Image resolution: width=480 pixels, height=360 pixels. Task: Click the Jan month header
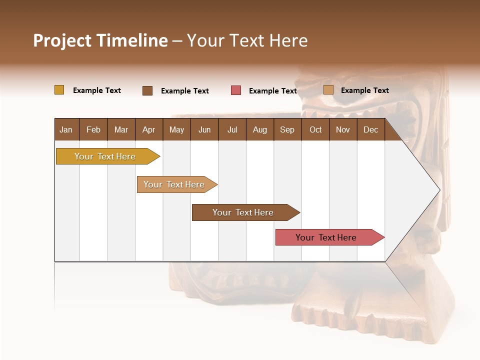[66, 129]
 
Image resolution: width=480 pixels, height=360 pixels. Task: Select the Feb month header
[93, 129]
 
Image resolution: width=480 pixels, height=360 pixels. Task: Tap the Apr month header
[148, 129]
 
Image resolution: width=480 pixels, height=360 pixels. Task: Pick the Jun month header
[204, 129]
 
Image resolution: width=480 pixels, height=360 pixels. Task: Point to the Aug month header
[259, 129]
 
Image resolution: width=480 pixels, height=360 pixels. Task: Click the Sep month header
[287, 129]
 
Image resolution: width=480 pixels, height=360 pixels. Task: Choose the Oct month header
[315, 129]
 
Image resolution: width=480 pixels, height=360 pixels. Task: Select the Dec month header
[370, 129]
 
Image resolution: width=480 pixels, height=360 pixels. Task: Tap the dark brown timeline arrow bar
[243, 212]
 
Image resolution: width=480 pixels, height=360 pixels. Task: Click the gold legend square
[59, 90]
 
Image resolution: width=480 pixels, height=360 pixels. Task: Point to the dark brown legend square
[147, 90]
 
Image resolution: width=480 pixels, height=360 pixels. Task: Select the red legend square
[236, 90]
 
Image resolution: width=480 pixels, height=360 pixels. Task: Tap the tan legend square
[328, 90]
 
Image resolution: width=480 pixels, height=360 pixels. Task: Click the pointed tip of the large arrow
[438, 190]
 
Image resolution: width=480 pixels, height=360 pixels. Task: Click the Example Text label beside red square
[272, 91]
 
